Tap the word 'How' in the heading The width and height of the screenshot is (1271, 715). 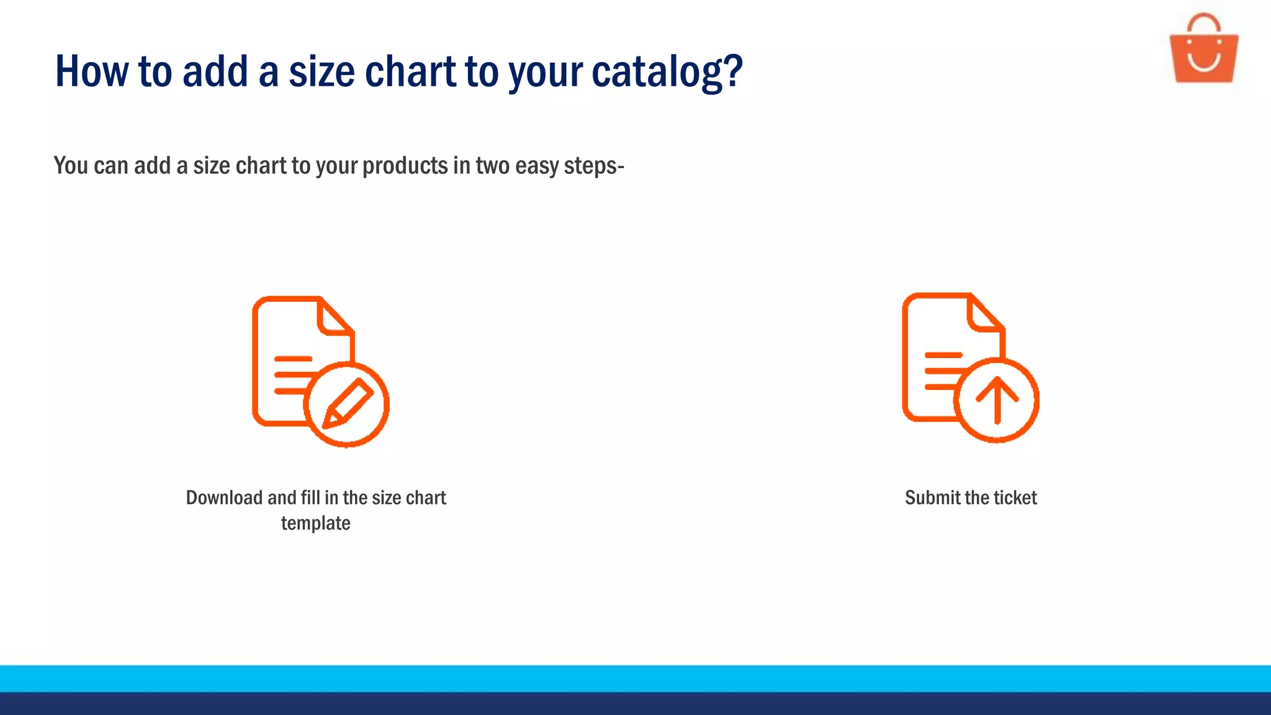(x=91, y=71)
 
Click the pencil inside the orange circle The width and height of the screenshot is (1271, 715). (x=348, y=403)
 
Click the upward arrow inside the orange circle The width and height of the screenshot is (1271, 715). (x=997, y=399)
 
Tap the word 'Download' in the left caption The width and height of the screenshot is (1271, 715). (x=224, y=498)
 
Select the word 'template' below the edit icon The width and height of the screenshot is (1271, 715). (x=315, y=523)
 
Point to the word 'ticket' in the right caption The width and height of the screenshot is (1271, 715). (x=1015, y=498)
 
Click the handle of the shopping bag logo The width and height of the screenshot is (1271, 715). (x=1203, y=22)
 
